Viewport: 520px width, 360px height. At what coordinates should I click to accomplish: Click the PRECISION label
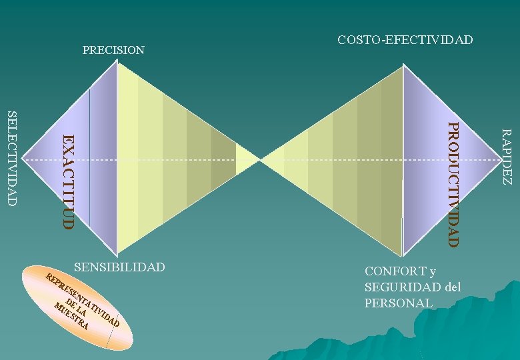(113, 50)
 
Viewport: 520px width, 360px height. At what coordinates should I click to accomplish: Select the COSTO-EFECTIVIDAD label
(405, 40)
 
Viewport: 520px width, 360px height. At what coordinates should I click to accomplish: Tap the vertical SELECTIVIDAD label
(11, 158)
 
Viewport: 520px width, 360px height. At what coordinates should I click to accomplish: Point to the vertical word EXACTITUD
(67, 181)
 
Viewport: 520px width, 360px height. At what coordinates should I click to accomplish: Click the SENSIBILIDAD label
(119, 267)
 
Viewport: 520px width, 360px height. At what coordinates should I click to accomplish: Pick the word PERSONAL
(398, 303)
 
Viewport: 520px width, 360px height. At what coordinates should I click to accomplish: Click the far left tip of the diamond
(23, 161)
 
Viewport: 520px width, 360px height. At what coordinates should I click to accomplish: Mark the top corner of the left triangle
(117, 62)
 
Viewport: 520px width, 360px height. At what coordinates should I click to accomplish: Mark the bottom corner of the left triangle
(117, 256)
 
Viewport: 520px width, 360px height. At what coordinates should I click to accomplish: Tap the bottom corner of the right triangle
(403, 256)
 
